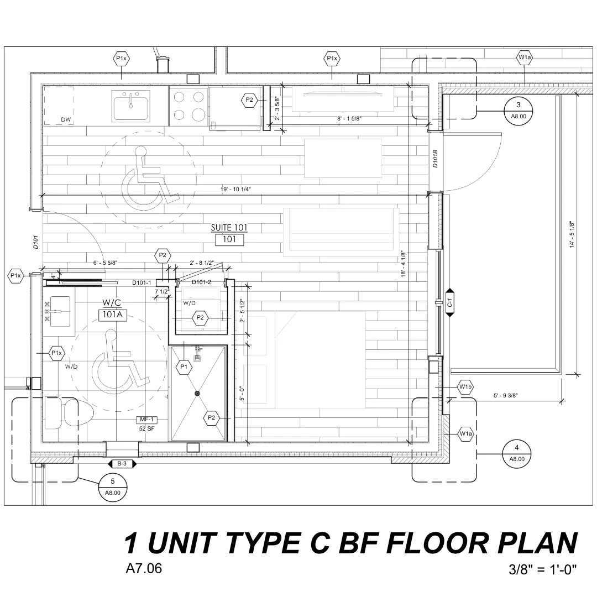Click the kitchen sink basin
(130, 106)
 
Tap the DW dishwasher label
(66, 119)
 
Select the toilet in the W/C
(69, 413)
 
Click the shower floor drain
(197, 394)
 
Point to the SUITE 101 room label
(229, 227)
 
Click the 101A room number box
(113, 315)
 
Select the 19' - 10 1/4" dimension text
(235, 189)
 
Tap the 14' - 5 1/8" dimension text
(572, 234)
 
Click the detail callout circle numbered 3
(518, 111)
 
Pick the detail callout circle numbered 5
(112, 487)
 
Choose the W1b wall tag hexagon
(465, 387)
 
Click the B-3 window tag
(122, 464)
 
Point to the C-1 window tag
(449, 303)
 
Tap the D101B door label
(435, 159)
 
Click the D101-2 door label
(201, 282)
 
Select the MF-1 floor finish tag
(146, 420)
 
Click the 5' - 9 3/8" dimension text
(506, 396)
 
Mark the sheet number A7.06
(144, 568)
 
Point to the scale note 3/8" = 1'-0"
(543, 569)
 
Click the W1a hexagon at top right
(525, 57)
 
